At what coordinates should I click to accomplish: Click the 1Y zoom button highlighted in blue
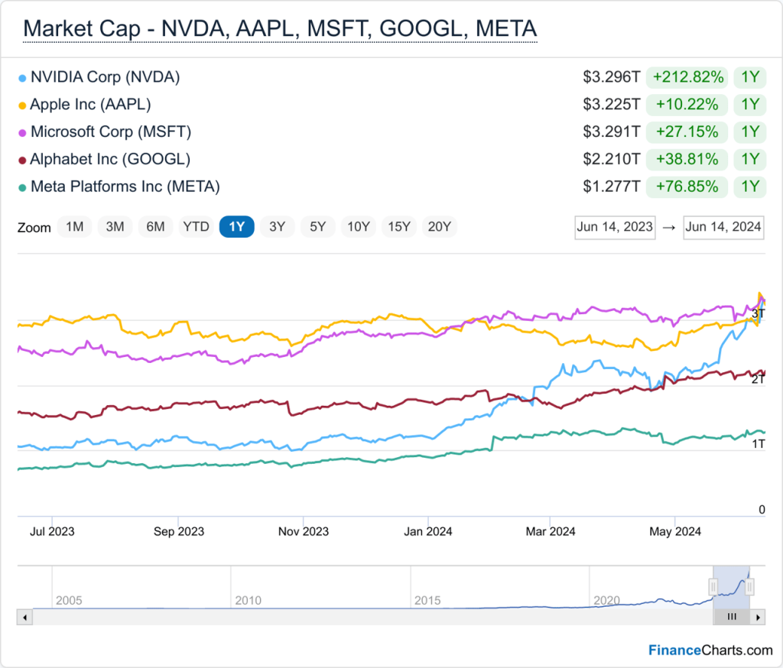point(237,227)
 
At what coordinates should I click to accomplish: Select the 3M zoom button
point(115,227)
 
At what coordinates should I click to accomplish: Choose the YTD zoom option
point(196,227)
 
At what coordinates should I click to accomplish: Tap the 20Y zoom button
point(440,227)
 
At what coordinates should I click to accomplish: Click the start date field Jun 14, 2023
point(615,227)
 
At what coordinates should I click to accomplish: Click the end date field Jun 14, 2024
point(723,227)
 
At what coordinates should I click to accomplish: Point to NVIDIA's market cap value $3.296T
point(611,77)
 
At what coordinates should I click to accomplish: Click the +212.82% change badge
point(687,77)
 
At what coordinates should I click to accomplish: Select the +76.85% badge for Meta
point(687,186)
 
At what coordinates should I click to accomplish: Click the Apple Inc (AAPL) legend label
point(90,105)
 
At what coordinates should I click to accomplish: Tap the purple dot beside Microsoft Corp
point(22,133)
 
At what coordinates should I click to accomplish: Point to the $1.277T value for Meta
point(611,186)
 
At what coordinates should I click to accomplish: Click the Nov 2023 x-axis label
point(304,531)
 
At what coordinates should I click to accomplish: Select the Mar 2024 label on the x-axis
point(551,531)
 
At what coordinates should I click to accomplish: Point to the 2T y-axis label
point(758,379)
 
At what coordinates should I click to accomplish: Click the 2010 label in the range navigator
point(249,600)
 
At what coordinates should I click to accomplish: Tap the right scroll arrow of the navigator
point(758,617)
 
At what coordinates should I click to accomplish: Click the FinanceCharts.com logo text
point(710,650)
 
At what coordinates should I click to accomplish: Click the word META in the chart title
point(506,28)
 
